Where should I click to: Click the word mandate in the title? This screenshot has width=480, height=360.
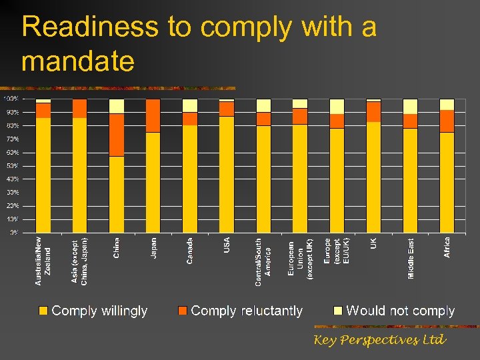click(x=78, y=61)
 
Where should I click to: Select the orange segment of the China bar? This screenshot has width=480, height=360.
click(x=117, y=135)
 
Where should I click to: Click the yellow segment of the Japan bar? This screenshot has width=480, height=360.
click(x=153, y=182)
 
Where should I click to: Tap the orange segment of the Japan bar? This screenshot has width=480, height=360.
click(x=153, y=116)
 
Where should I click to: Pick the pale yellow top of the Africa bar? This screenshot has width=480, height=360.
click(x=447, y=105)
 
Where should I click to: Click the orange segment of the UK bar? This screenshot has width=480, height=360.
click(x=373, y=111)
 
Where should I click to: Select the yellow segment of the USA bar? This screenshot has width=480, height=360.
click(x=227, y=174)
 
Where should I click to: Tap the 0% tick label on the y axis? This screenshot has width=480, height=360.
click(x=13, y=233)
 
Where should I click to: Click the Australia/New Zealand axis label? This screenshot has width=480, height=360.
click(x=43, y=261)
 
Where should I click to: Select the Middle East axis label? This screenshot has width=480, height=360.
click(x=411, y=258)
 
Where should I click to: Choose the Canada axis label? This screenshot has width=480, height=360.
click(x=190, y=251)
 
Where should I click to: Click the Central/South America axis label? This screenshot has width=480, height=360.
click(x=263, y=263)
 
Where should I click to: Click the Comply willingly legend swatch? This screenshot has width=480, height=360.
click(x=43, y=311)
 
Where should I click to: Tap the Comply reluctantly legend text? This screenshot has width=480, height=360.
click(x=247, y=311)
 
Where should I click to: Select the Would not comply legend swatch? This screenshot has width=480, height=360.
click(x=338, y=311)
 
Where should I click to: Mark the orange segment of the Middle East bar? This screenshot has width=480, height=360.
click(x=410, y=121)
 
